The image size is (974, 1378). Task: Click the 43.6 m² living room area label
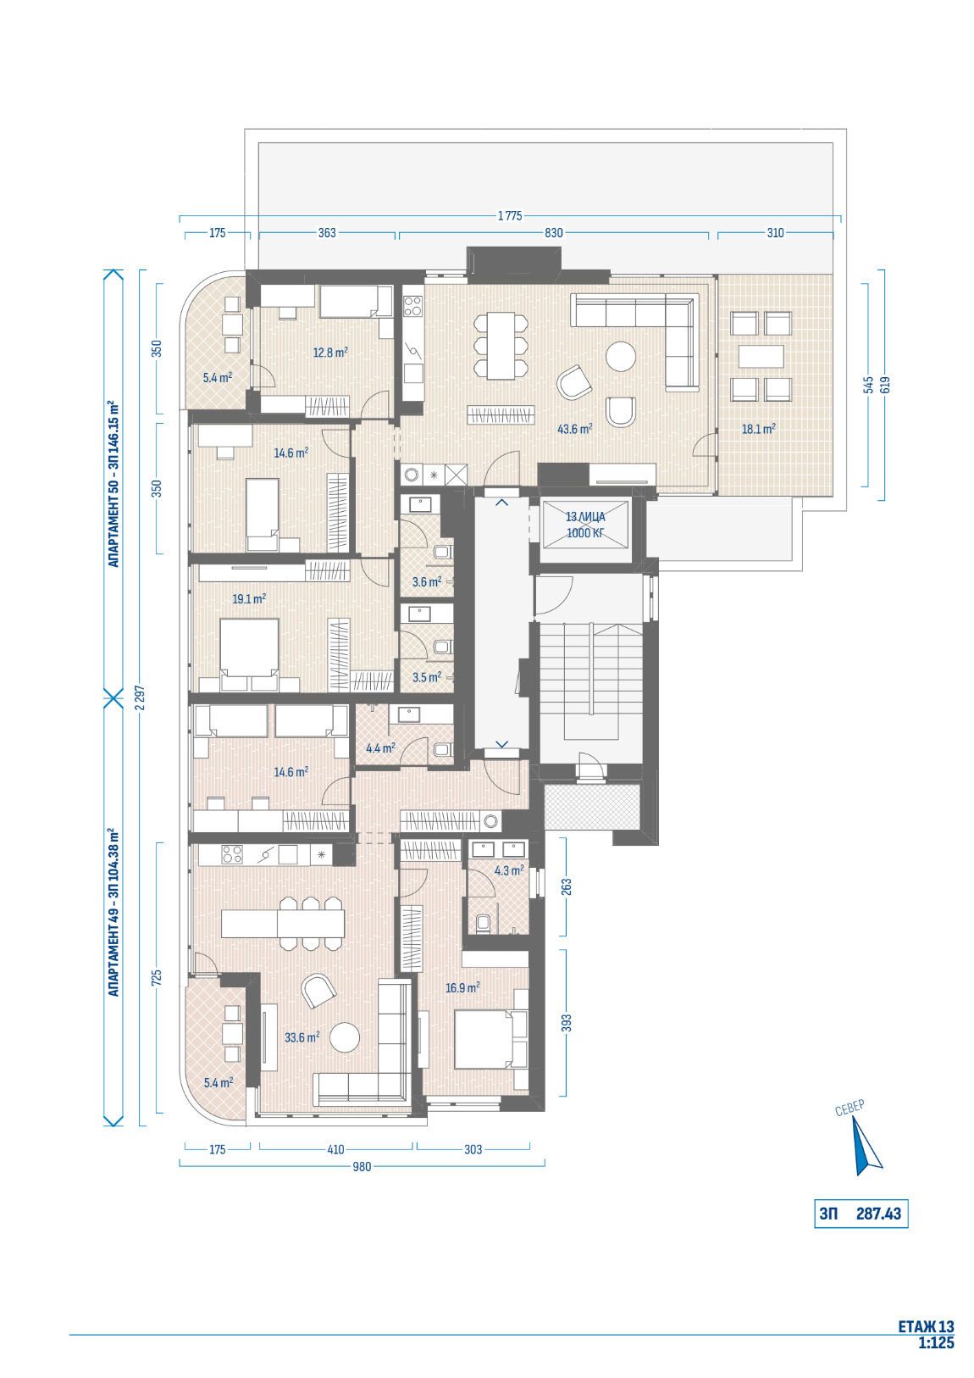click(574, 429)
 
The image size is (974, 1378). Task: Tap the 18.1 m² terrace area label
click(758, 429)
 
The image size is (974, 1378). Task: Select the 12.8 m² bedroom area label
click(330, 353)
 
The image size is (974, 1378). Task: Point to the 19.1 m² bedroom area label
click(249, 598)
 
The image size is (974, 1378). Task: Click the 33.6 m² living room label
click(302, 1037)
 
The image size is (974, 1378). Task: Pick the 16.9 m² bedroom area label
click(462, 987)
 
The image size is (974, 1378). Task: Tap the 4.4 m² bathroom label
click(380, 748)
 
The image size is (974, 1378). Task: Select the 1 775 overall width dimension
click(510, 216)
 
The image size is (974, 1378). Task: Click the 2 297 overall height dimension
click(141, 698)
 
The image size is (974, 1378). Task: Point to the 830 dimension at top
click(553, 232)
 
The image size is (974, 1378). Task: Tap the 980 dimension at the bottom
click(362, 1166)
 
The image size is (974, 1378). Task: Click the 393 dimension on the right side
click(567, 1022)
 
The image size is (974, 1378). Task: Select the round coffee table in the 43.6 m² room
click(621, 357)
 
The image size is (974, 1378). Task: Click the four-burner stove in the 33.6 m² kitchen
click(232, 854)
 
